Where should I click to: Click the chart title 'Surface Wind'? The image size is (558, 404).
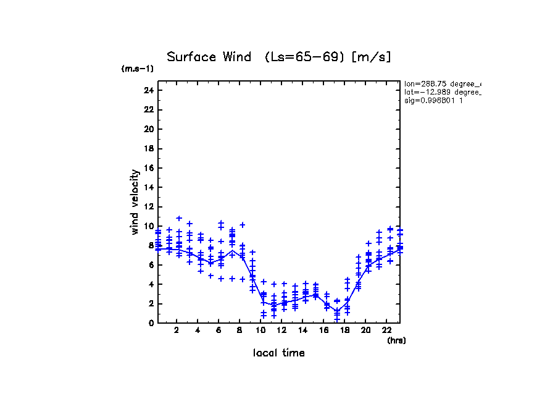click(x=209, y=57)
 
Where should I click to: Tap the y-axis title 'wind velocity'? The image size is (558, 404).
click(x=135, y=202)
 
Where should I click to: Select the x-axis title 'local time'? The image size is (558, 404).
click(x=278, y=353)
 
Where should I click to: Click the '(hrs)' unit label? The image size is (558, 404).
click(x=396, y=340)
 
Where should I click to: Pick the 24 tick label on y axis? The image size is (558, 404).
click(x=148, y=90)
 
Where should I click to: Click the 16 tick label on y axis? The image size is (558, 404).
click(x=148, y=168)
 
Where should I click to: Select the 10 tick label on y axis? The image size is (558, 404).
click(x=148, y=226)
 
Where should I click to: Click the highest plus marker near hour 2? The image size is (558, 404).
click(x=179, y=218)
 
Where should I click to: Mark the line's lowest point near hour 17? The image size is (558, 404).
click(x=337, y=311)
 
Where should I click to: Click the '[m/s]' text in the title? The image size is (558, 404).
click(x=372, y=57)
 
